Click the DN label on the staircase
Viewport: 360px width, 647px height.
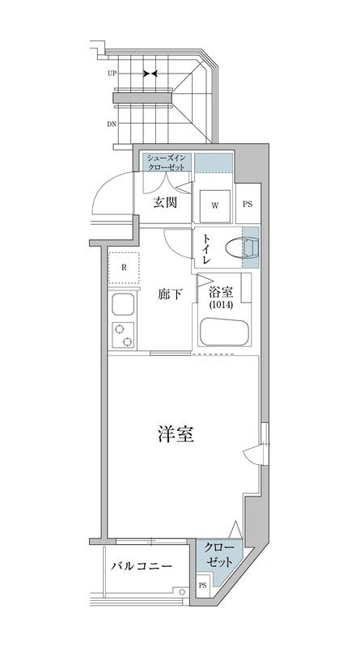pos(111,124)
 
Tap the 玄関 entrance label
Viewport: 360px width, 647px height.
pos(165,202)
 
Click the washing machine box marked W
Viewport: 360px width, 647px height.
pos(215,205)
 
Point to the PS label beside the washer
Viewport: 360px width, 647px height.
pos(248,204)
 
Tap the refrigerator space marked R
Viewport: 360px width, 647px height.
pos(124,268)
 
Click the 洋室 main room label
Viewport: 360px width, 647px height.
pos(175,434)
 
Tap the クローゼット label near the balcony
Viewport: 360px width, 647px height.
pos(219,555)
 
